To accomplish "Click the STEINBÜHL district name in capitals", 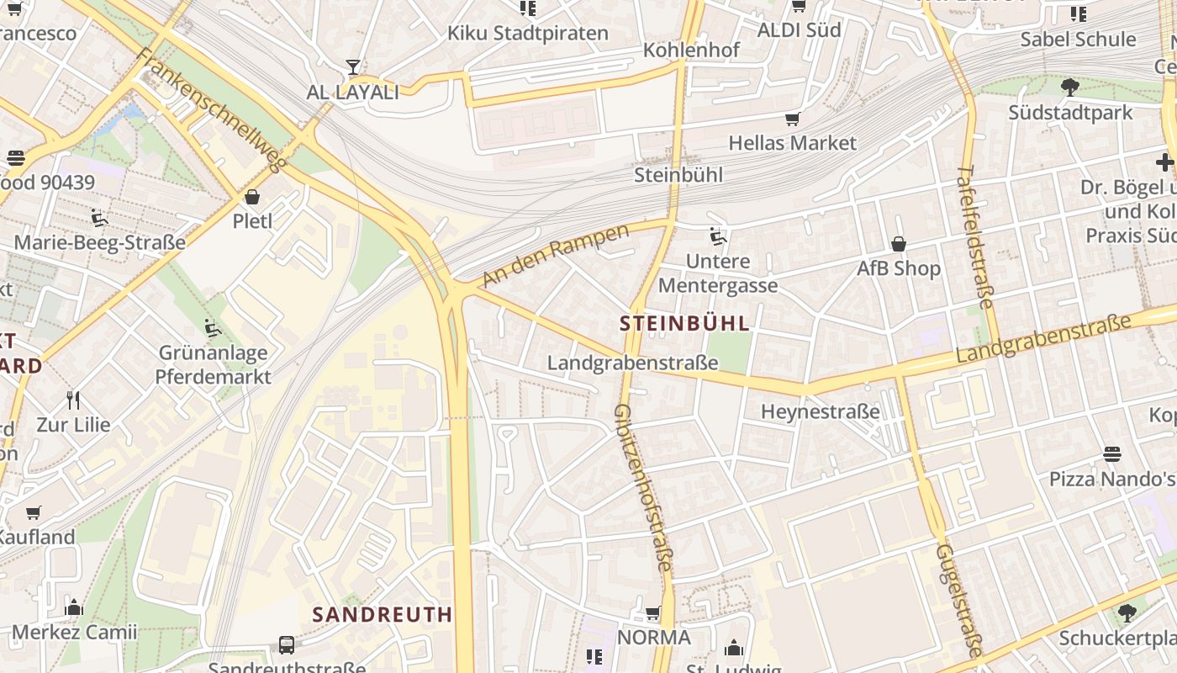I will pos(684,323).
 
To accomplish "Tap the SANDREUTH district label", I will pos(383,614).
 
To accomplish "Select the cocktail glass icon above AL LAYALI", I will pos(353,67).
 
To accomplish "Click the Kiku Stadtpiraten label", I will pos(528,34).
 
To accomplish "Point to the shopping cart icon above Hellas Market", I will pos(792,119).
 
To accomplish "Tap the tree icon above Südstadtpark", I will pos(1070,87).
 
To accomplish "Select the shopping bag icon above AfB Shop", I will pos(899,244).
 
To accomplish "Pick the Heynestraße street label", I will pos(821,411).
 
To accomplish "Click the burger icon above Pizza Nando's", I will pos(1112,454).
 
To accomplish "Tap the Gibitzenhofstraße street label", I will pos(643,488).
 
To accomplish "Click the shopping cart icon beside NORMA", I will pos(653,613).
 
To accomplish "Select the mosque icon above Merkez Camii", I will pos(74,607).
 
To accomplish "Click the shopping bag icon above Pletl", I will pos(252,197).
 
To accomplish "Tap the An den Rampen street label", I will pos(556,255).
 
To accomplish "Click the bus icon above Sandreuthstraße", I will pos(287,645).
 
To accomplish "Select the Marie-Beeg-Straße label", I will pos(100,243).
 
